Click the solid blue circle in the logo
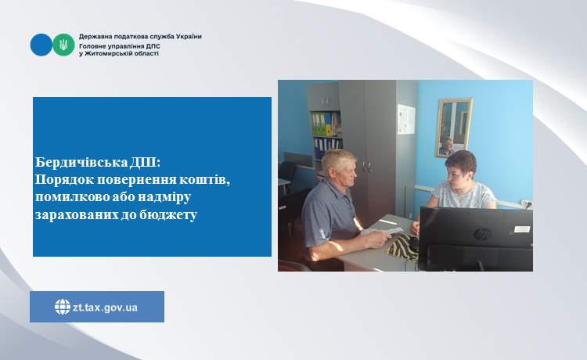tap(41, 45)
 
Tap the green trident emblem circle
tap(63, 45)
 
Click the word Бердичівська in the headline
tap(81, 163)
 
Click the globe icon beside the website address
tap(63, 307)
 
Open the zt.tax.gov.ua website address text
tap(105, 308)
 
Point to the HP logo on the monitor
tap(483, 234)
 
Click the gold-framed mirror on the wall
tap(454, 128)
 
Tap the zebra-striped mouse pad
tap(403, 247)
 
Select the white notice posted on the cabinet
tap(406, 119)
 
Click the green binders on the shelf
tap(319, 124)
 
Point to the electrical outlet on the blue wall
tap(527, 204)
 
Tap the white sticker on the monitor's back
tap(522, 229)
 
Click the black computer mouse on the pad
tap(413, 244)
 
